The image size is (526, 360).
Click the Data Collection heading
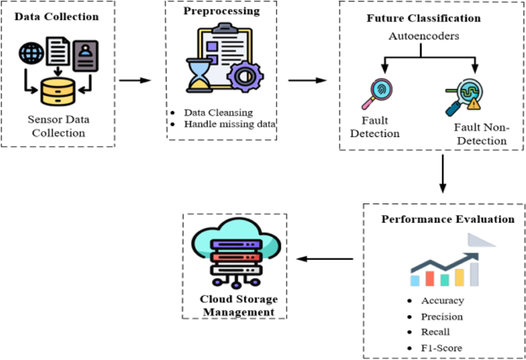point(57,18)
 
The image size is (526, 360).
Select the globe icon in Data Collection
point(31,54)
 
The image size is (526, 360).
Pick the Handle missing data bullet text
point(229,124)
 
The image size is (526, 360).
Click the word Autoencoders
point(424,36)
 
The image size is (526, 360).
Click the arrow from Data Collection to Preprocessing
point(135,81)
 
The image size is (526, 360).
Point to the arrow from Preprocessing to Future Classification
point(307,81)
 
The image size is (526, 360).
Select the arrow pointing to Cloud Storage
point(325,259)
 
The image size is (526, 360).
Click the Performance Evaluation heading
point(448,219)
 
